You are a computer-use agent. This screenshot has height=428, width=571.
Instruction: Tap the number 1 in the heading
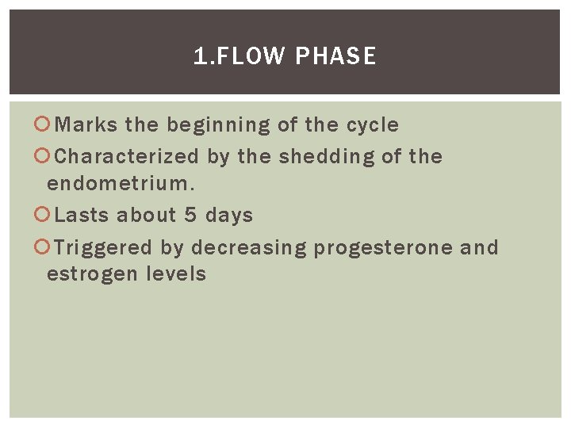[x=198, y=56]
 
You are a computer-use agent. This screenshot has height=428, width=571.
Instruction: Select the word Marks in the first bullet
[x=87, y=125]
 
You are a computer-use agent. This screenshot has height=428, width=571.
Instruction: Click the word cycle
[x=373, y=125]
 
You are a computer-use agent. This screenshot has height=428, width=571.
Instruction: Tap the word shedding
[x=326, y=157]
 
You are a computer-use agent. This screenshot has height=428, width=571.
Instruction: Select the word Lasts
[x=82, y=216]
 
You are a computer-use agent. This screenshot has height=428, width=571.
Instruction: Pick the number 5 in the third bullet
[x=190, y=216]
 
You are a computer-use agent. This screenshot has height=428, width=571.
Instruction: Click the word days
[x=229, y=216]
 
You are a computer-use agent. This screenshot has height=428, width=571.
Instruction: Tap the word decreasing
[x=248, y=247]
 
